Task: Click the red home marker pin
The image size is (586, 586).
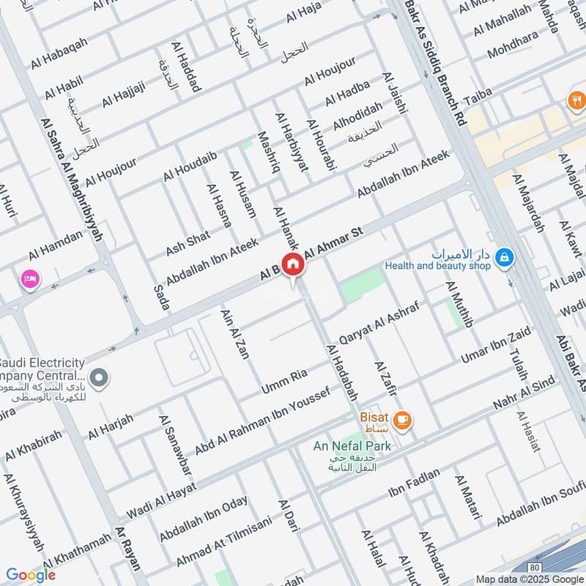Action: click(x=293, y=264)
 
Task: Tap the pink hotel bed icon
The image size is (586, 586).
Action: click(x=30, y=279)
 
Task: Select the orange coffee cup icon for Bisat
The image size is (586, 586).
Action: click(x=401, y=420)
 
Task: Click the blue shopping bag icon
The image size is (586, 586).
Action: click(x=504, y=258)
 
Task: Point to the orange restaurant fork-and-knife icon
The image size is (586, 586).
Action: click(x=576, y=101)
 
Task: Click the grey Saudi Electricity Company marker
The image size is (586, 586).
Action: click(x=100, y=378)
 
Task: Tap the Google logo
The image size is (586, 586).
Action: click(x=31, y=575)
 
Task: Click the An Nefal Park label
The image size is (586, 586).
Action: click(x=352, y=445)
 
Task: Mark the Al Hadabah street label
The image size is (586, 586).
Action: click(x=342, y=372)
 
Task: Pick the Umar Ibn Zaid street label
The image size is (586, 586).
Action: click(x=495, y=345)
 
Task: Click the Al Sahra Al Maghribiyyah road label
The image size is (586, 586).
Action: click(x=72, y=180)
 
